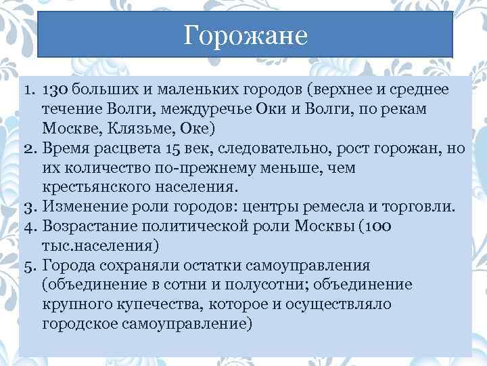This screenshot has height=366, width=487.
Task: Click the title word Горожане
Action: point(245,34)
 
